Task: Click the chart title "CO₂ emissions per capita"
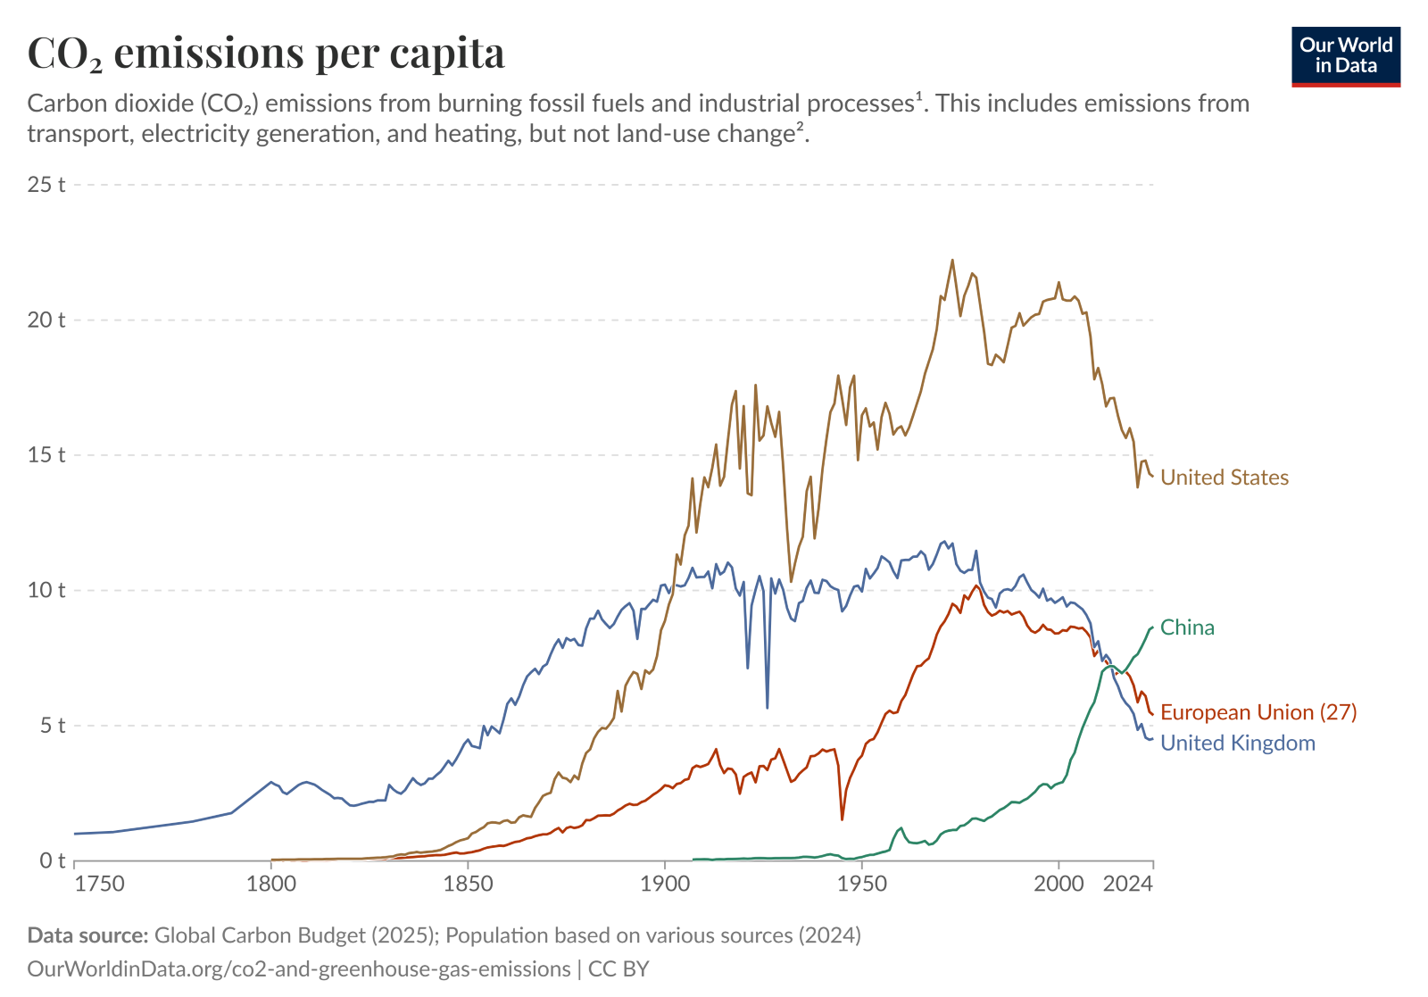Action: point(266,54)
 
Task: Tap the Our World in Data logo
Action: point(1345,56)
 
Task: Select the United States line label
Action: point(1224,478)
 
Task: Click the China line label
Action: point(1187,627)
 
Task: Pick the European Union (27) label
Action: point(1258,712)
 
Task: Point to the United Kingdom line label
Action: point(1237,743)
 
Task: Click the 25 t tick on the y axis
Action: point(46,185)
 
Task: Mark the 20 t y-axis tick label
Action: point(46,320)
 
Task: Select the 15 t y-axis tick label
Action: point(46,455)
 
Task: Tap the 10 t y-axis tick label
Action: point(46,590)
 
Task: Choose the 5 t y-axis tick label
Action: point(51,726)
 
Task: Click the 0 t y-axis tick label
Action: point(51,860)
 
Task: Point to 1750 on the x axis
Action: point(99,884)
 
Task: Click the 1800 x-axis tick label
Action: point(270,884)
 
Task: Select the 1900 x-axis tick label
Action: point(664,884)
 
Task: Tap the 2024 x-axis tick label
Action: point(1129,884)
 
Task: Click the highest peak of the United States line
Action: point(952,260)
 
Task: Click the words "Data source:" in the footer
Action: point(87,935)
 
